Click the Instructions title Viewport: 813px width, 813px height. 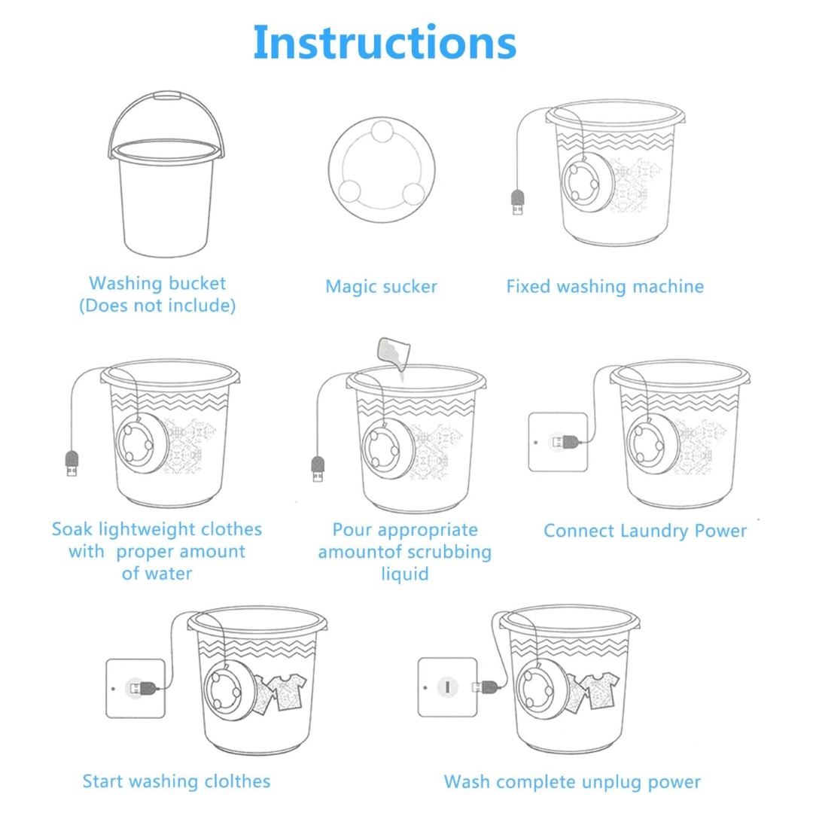385,42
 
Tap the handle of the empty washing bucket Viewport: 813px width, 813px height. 166,95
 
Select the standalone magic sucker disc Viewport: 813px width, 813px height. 382,169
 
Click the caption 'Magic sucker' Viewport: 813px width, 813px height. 381,286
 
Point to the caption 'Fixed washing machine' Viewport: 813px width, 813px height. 605,286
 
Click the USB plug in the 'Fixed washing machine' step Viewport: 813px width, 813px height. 517,202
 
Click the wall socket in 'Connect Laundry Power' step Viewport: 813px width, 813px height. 558,442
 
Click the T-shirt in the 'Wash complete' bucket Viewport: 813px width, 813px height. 600,690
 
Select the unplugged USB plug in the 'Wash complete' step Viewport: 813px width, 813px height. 484,687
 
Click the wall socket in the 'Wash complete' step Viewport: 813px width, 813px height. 447,687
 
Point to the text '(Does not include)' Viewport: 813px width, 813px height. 157,306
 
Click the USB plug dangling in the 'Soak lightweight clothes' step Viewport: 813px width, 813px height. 72,464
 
